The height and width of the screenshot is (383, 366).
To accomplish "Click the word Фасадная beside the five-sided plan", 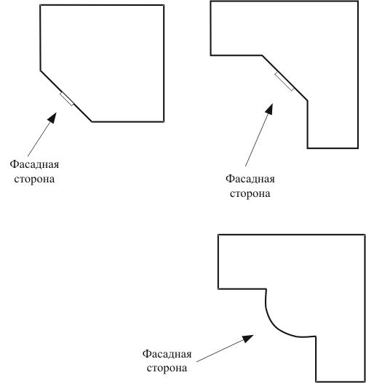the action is pos(34,165).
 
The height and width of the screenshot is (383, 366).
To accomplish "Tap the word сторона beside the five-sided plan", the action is pos(34,180).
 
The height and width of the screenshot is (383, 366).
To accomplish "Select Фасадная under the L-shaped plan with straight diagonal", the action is pos(250,180).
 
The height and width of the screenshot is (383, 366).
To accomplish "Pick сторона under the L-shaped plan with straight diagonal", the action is pos(250,194).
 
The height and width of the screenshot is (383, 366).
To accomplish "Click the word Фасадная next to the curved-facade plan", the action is pos(167,354).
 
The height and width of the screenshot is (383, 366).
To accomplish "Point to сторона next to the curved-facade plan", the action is pos(167,368).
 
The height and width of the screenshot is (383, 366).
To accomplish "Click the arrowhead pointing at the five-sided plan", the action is pos(52,118).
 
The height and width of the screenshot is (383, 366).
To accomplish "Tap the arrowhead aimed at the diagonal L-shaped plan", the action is pos(270,109).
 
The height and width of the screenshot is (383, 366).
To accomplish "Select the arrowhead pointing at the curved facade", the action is pos(248,339).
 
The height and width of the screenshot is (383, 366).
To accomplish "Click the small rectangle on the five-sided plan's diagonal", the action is pos(67,99).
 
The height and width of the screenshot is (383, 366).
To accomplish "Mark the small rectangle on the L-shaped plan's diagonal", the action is pos(284,81).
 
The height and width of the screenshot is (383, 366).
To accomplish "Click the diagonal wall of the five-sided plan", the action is pos(66,96).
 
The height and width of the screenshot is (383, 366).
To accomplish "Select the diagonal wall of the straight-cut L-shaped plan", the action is pos(285,78).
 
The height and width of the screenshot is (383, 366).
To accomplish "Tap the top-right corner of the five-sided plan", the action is pos(164,5).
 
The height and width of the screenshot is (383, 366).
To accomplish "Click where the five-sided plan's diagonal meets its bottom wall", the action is pos(92,121).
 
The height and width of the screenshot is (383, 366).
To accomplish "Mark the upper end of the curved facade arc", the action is pos(266,289).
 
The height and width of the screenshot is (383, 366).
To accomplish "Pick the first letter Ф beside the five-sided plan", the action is pos(13,164).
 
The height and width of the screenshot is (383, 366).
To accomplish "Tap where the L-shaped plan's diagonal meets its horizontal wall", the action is pos(262,55).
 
